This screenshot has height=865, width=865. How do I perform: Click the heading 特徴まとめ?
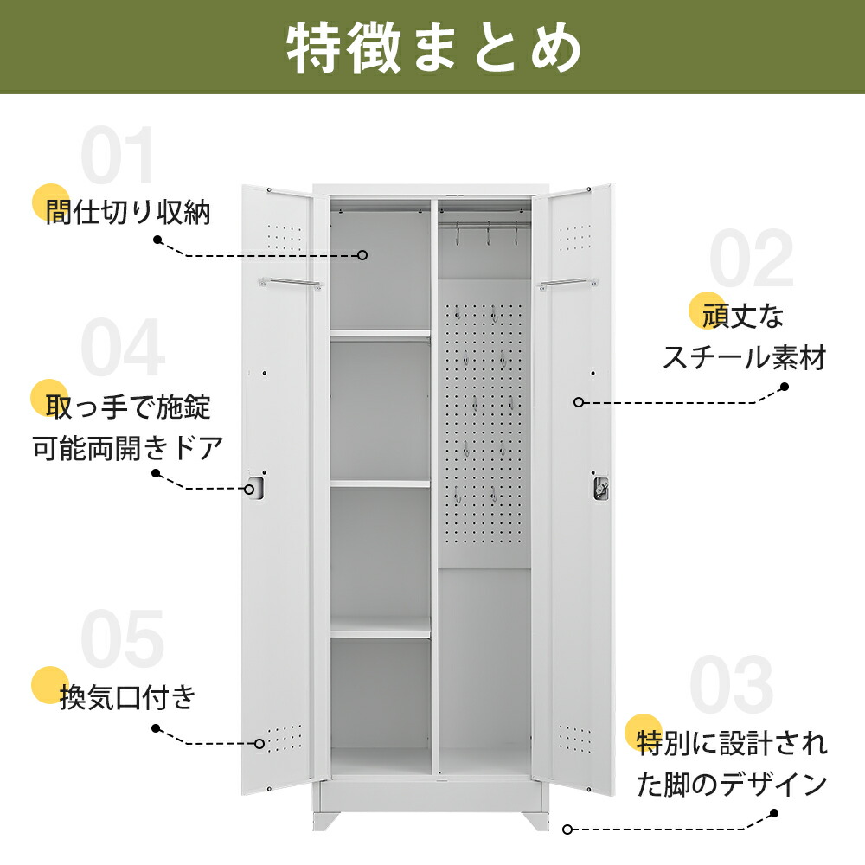point(432,48)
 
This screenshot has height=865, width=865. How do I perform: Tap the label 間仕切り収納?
point(128,213)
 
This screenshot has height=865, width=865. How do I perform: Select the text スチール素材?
point(744,356)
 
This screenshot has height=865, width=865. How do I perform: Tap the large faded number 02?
point(750,259)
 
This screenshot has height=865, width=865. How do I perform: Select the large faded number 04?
point(122,349)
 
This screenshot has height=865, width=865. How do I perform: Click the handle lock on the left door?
point(254,487)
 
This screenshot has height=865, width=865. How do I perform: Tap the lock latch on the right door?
point(600,488)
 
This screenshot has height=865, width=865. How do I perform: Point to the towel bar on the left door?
point(289,282)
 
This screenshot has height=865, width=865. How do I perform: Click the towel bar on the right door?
point(567,282)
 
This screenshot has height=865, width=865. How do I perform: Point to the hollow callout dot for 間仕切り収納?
point(363,255)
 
